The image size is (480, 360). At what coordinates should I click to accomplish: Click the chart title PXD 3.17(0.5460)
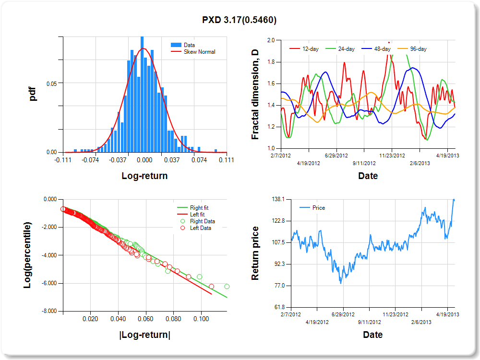(x=240, y=20)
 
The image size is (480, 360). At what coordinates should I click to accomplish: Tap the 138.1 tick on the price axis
(x=279, y=199)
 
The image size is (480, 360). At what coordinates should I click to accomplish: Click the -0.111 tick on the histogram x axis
(x=63, y=160)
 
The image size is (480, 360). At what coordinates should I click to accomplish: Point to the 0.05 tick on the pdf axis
(x=52, y=83)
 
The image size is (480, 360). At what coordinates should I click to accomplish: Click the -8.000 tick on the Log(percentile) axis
(x=49, y=311)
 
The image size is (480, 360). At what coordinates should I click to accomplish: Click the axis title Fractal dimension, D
(x=255, y=95)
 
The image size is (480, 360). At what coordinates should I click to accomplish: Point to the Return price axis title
(x=255, y=253)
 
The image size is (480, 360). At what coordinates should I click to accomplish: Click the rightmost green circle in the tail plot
(x=227, y=287)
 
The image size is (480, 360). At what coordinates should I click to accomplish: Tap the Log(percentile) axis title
(x=28, y=255)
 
